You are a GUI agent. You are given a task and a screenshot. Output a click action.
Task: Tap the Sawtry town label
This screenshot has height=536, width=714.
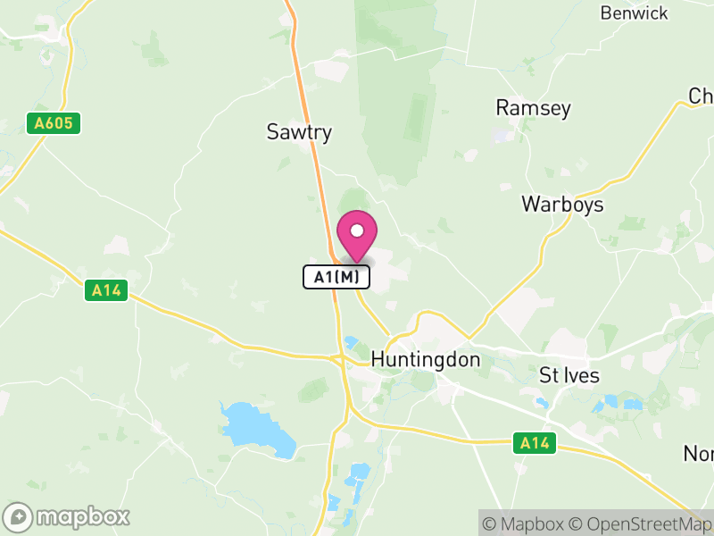[299, 132]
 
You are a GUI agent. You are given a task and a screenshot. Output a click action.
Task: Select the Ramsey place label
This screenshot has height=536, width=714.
[533, 108]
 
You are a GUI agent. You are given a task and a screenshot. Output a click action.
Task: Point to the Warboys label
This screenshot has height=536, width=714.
[562, 205]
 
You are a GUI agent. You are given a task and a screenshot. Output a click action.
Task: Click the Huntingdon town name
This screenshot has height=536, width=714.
[425, 360]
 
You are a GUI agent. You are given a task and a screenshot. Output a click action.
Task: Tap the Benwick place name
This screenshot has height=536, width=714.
[634, 13]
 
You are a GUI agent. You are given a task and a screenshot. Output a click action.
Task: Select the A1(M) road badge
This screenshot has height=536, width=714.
[336, 277]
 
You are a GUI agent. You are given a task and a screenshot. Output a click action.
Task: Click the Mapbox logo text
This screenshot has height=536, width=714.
[82, 516]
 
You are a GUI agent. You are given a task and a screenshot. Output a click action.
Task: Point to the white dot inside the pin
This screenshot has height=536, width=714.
[357, 230]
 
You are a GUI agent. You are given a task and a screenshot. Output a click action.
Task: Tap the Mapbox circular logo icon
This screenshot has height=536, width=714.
[18, 516]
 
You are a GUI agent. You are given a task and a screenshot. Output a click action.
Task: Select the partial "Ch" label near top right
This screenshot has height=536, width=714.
[701, 96]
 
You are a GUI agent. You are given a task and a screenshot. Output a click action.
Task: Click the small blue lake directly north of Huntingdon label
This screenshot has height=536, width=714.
[350, 342]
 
